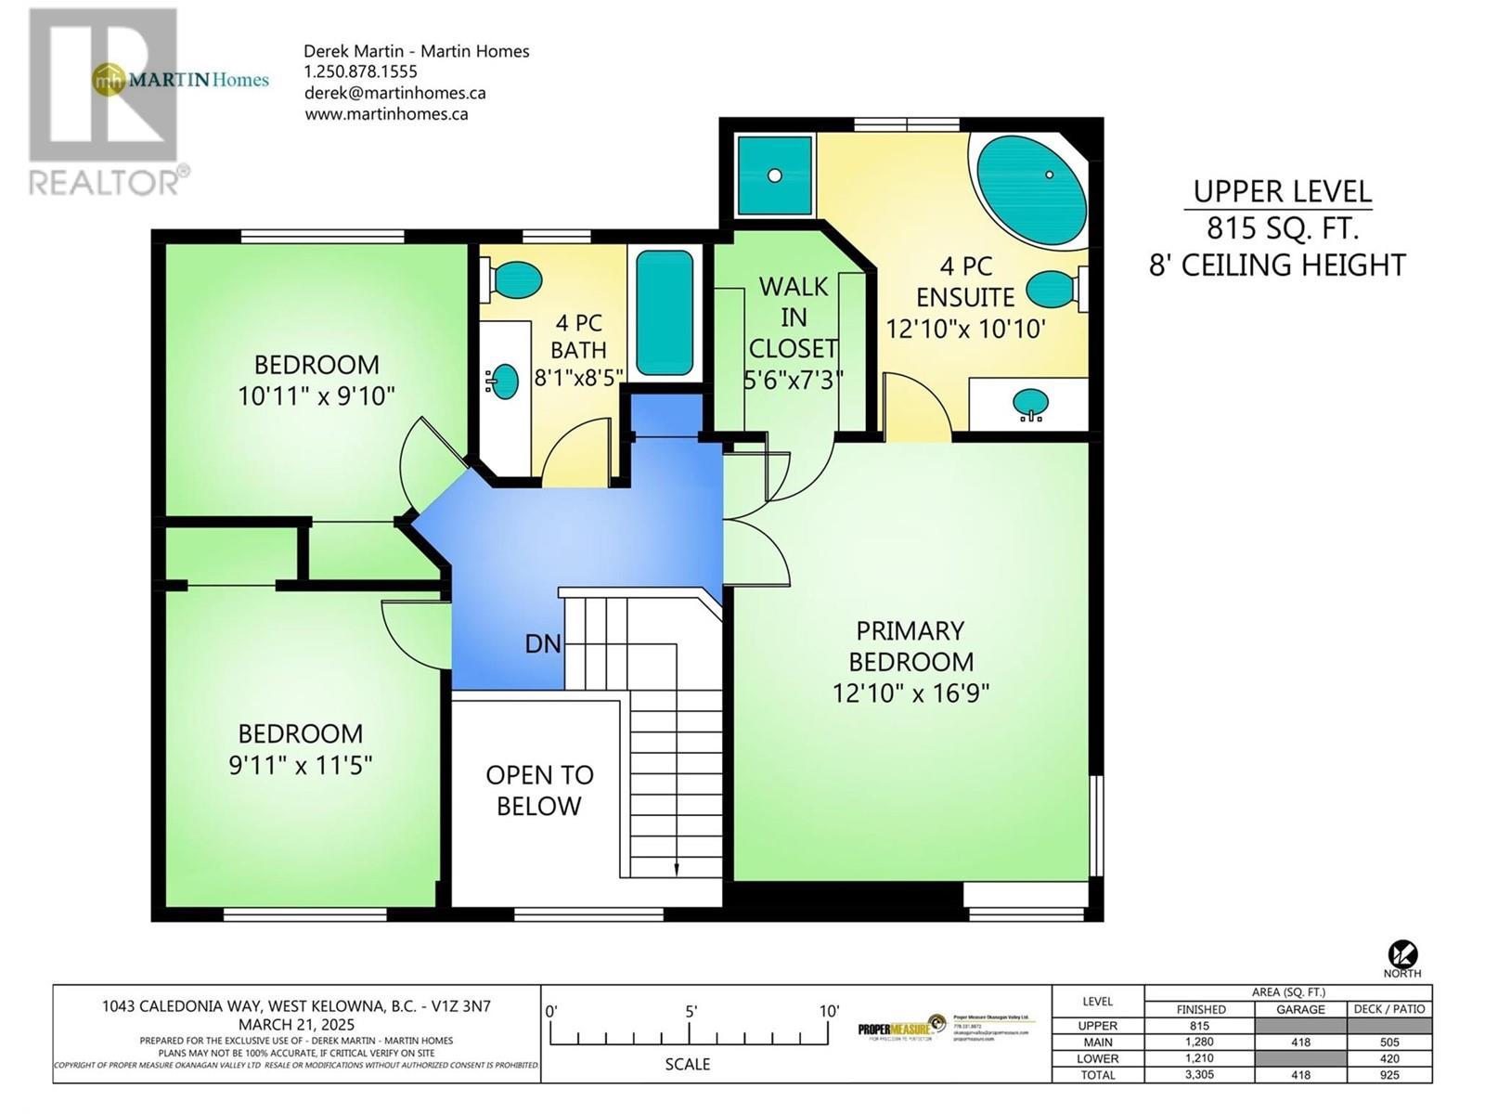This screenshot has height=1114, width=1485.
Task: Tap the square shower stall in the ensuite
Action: (x=774, y=175)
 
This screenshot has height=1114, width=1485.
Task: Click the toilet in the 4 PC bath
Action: (x=511, y=279)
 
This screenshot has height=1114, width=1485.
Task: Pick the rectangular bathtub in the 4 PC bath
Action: (x=665, y=312)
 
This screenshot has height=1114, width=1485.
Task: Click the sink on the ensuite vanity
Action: (x=1030, y=404)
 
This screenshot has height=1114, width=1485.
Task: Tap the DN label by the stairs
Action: (x=543, y=643)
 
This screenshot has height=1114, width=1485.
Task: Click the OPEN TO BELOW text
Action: (x=539, y=790)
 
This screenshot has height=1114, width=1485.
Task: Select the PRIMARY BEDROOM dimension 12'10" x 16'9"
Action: (x=910, y=693)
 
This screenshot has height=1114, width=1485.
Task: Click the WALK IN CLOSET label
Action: (x=793, y=317)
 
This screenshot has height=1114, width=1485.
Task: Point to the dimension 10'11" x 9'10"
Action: (x=316, y=396)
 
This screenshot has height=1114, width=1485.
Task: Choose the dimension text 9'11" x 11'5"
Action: (x=300, y=765)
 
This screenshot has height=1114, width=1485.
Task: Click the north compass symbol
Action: (x=1402, y=953)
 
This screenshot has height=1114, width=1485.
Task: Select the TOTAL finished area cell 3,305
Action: (x=1200, y=1074)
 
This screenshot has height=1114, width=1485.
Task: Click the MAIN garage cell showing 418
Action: (x=1300, y=1042)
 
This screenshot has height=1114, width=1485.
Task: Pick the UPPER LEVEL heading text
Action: (x=1282, y=191)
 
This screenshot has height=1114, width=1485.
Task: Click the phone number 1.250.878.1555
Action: (x=361, y=71)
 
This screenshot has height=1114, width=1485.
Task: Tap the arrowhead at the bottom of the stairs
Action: (x=676, y=869)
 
